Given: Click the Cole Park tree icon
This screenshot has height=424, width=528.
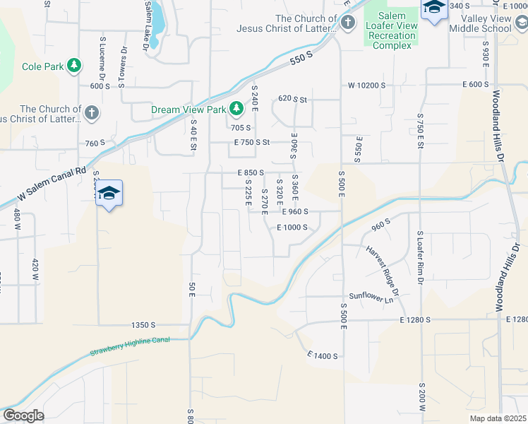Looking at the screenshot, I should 73,67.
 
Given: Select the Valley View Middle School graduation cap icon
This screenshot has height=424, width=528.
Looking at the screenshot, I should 434,8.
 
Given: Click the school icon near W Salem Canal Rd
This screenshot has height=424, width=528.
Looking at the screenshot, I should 109,193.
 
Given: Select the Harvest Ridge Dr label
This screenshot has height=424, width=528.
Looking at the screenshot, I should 382,271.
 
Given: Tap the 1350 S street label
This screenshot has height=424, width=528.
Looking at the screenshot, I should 143,325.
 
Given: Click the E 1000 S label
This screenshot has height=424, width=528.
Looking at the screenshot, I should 292,228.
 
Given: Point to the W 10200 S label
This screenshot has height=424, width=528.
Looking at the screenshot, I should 366,85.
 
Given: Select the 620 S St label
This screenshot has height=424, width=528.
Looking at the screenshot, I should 293,99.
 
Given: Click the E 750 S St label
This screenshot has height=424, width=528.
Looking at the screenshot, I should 253,142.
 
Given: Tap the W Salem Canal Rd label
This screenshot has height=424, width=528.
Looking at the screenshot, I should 51,182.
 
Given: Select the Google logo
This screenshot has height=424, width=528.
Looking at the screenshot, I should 23,415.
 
